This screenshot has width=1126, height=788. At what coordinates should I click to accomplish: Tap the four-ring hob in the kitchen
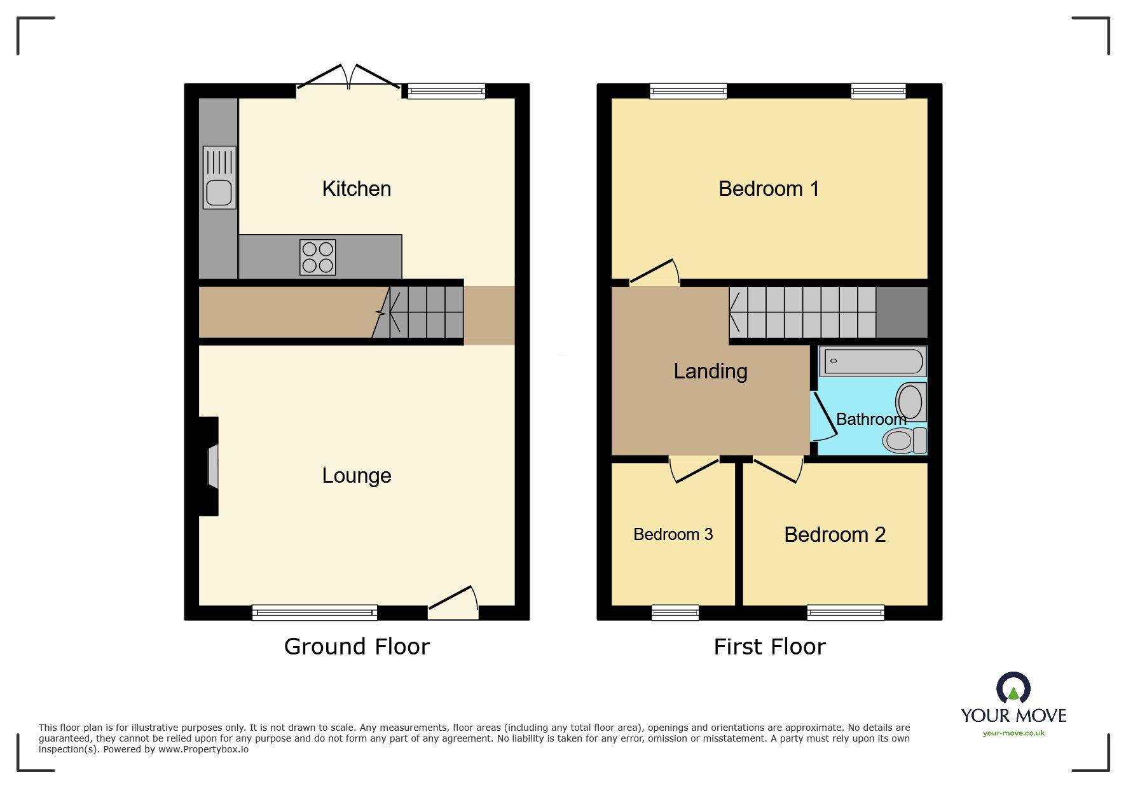[318, 258]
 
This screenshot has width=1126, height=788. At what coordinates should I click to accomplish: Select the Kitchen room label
[356, 189]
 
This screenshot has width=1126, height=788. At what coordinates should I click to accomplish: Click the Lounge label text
[356, 476]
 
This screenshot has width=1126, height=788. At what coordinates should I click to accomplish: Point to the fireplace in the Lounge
[210, 466]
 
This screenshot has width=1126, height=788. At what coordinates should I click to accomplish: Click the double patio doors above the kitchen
[348, 78]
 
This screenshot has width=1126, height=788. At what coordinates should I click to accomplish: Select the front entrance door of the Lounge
[453, 603]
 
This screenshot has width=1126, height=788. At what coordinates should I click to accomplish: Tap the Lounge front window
[315, 612]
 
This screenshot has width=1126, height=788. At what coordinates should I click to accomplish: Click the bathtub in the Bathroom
[872, 361]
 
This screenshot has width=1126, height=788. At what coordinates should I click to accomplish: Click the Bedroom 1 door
[654, 273]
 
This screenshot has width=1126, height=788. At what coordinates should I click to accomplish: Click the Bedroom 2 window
[845, 612]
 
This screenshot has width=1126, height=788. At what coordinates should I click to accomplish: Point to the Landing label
[710, 371]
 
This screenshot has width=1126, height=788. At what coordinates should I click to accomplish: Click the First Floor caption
[769, 647]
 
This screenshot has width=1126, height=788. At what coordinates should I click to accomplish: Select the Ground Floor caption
[357, 647]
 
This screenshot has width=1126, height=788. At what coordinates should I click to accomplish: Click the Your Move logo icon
[1013, 688]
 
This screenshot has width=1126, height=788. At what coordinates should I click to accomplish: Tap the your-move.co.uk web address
[1013, 733]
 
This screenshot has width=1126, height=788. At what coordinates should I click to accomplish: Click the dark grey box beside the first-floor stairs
[902, 312]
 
